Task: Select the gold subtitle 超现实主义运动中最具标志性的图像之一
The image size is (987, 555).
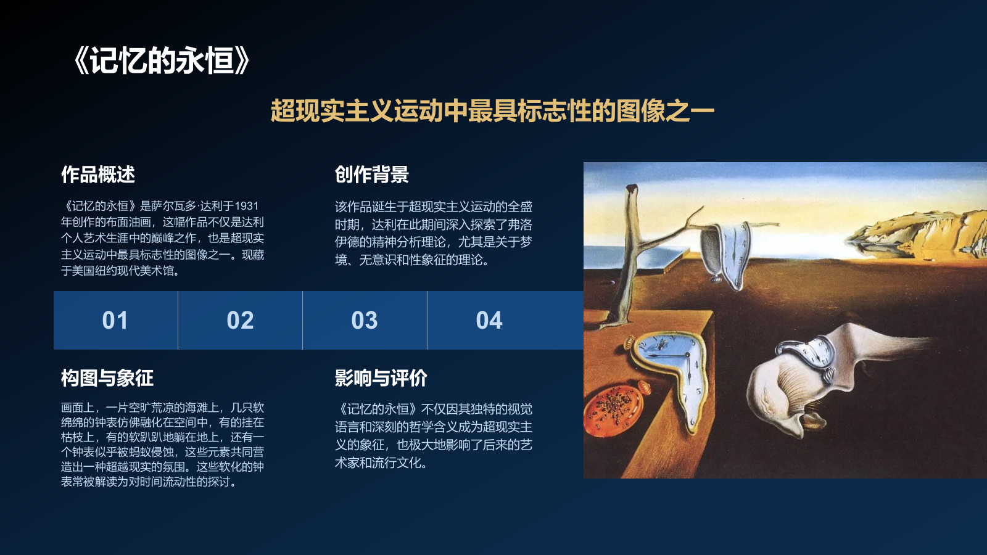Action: (x=492, y=111)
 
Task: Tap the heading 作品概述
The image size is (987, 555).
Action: (x=98, y=175)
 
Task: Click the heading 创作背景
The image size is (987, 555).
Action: (x=371, y=175)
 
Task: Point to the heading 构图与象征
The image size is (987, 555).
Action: (x=107, y=378)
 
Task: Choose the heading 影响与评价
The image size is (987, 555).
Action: (x=381, y=378)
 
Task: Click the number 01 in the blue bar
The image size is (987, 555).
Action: (x=115, y=321)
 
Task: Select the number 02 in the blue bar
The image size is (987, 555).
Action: (x=240, y=321)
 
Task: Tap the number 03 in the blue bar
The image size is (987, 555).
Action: (x=365, y=321)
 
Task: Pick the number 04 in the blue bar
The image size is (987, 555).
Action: (x=489, y=321)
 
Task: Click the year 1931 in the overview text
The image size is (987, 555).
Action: (x=247, y=206)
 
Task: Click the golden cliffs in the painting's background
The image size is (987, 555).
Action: (x=919, y=231)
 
